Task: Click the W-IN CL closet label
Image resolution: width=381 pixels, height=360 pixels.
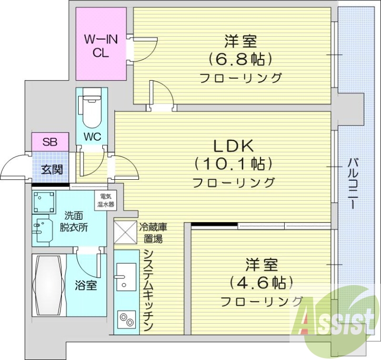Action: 100,46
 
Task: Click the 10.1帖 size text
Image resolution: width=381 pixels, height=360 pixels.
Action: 233,164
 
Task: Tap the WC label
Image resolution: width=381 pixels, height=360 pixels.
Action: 92,136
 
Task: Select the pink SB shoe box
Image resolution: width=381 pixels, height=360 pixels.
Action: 50,142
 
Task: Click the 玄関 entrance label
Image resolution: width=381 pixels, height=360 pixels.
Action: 50,169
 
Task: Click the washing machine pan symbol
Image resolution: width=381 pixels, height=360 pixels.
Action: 44,202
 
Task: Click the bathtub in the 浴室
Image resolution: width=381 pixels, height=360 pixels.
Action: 48,284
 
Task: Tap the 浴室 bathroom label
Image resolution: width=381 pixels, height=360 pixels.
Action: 86,286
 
